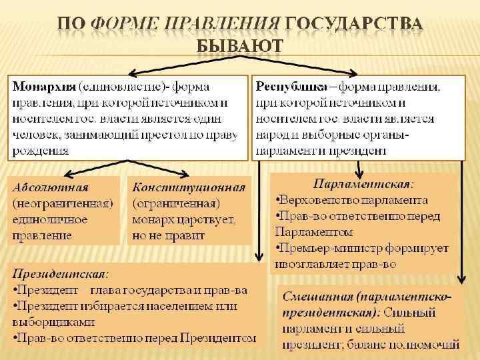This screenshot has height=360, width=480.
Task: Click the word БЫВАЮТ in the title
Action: coord(240,46)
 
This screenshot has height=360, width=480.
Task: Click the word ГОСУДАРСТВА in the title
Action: coord(353,24)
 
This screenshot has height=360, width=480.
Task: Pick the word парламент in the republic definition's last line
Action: coord(287,151)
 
